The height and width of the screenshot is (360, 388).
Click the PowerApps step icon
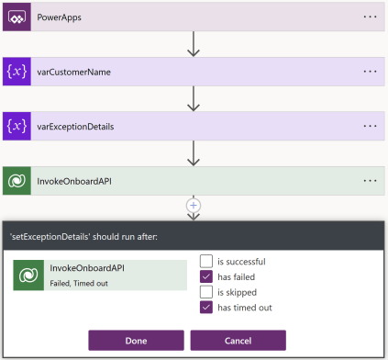(x=17, y=17)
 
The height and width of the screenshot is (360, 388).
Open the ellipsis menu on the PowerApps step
(x=370, y=17)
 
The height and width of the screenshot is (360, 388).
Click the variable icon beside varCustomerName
(x=17, y=71)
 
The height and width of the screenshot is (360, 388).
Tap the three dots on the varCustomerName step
(x=370, y=71)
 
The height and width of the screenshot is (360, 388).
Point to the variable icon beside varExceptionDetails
(x=17, y=125)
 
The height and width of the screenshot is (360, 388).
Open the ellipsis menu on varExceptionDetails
(x=370, y=125)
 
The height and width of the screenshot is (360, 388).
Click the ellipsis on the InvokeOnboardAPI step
(x=370, y=180)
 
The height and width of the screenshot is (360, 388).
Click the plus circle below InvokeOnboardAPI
(x=194, y=204)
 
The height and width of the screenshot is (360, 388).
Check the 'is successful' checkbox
(x=206, y=261)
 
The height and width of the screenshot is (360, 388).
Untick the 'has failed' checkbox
(x=206, y=276)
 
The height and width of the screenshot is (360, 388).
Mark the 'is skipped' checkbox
(x=206, y=292)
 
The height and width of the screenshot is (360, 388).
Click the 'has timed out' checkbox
(x=206, y=308)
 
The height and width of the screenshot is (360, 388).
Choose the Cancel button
(x=238, y=341)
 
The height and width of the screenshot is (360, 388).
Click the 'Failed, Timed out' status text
(x=77, y=283)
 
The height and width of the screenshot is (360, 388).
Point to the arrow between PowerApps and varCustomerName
(x=194, y=43)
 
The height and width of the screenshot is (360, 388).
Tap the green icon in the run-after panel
(x=29, y=275)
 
